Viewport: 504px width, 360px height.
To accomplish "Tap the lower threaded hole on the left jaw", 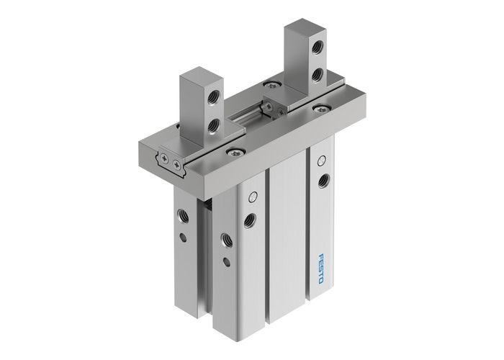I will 212,127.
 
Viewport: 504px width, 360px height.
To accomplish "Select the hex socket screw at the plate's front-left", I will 233,152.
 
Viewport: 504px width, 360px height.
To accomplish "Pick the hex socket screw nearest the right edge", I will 318,109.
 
